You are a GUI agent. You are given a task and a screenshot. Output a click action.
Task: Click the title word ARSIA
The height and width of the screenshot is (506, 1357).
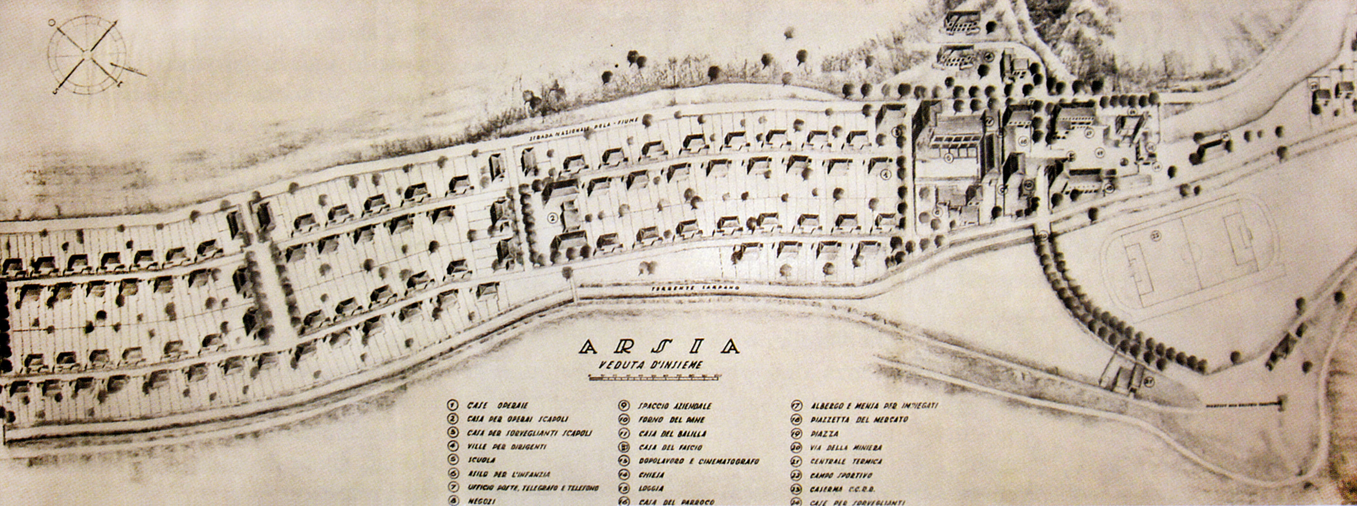[x=658, y=346]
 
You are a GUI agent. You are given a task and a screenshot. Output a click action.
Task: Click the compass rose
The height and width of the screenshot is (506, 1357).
[x=87, y=55]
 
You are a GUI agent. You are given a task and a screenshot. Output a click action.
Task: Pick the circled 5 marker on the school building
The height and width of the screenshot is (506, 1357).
[x=948, y=157]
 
